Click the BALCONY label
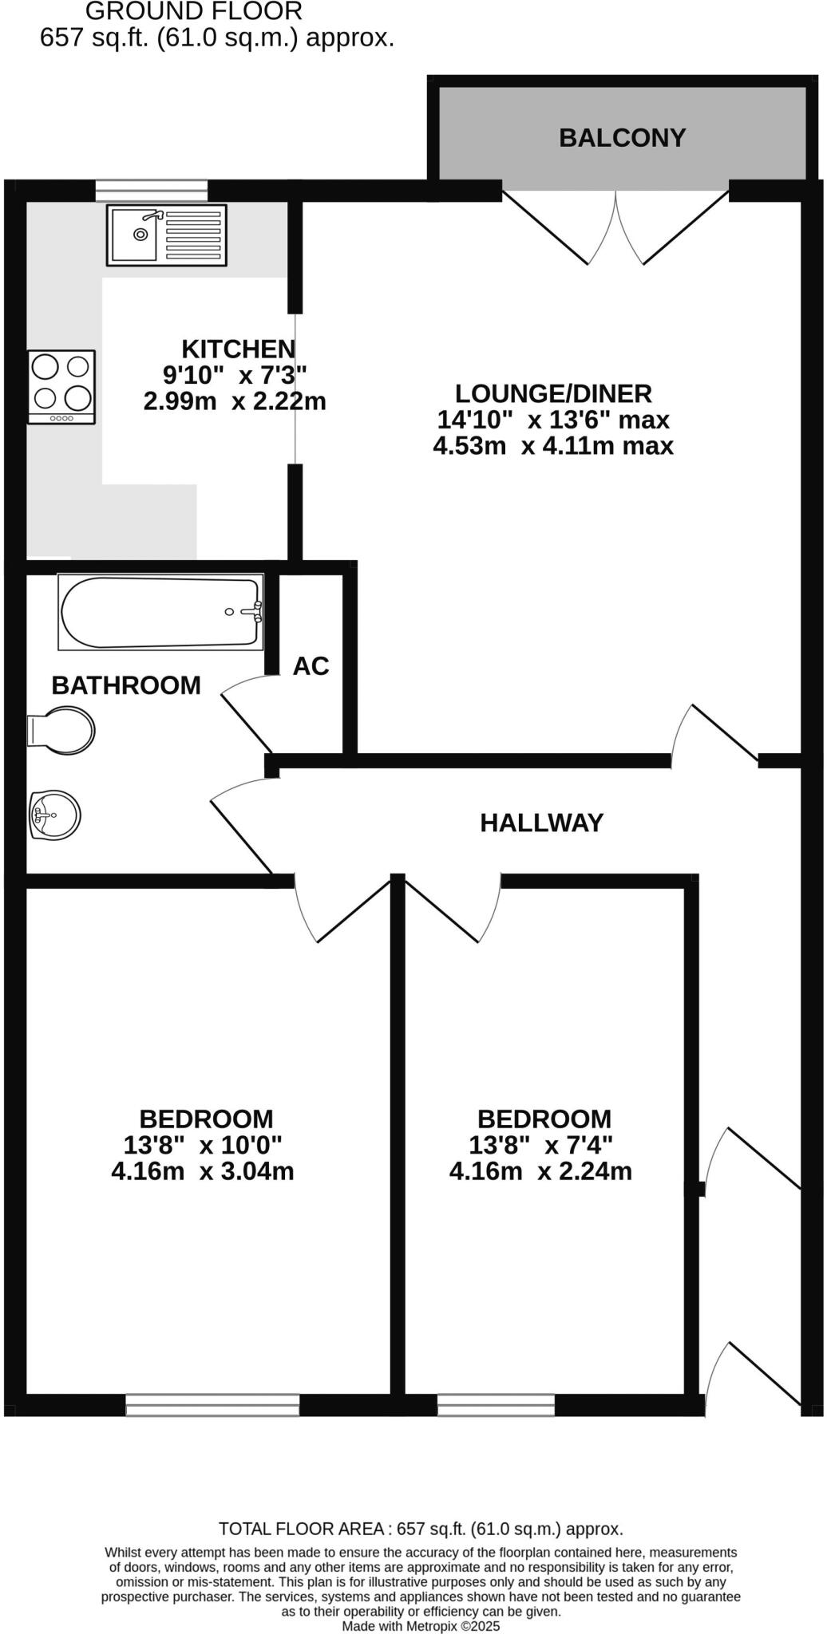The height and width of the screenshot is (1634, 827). coord(622,138)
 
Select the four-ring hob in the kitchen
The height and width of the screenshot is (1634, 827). coord(61,387)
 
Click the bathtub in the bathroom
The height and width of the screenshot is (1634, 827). coord(160,612)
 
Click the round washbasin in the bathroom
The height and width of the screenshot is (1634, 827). coord(55,815)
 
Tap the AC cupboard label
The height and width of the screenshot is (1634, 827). coord(311,666)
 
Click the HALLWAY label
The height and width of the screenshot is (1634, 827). coord(541,823)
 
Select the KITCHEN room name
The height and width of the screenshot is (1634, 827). coord(238,349)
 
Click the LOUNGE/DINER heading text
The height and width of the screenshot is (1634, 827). coord(553,393)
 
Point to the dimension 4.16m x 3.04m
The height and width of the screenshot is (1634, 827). coord(203,1171)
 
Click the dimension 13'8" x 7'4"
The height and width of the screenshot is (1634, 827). coord(540,1145)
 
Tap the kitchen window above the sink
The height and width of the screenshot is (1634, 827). coord(151,191)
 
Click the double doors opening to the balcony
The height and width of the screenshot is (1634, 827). coord(615,227)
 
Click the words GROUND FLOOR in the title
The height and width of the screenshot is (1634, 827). coord(194,12)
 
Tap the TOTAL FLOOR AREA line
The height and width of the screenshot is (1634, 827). coord(421,1529)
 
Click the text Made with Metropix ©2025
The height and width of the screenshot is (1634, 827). coord(421,1625)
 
